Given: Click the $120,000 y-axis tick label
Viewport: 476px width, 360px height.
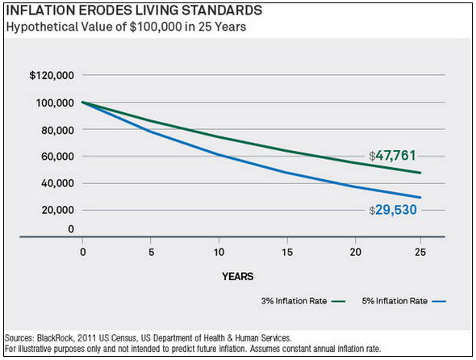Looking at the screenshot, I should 52,76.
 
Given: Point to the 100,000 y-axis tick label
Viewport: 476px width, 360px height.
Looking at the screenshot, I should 54,103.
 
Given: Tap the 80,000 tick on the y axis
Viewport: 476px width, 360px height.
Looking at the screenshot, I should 56,130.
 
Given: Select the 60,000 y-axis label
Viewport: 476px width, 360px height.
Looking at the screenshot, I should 56,157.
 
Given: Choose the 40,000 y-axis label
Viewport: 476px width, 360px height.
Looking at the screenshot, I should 56,183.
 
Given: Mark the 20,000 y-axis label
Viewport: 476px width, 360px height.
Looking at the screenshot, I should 56,210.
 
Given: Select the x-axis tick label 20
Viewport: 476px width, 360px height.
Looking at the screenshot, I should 353,252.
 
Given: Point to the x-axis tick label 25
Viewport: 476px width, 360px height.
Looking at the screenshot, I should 420,252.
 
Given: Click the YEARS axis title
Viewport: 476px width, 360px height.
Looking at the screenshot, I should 238,276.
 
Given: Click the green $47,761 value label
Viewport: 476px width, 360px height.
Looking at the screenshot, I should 392,155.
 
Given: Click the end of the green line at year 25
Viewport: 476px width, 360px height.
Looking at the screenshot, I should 420,173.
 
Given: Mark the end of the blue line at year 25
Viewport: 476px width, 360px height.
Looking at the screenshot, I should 420,197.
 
